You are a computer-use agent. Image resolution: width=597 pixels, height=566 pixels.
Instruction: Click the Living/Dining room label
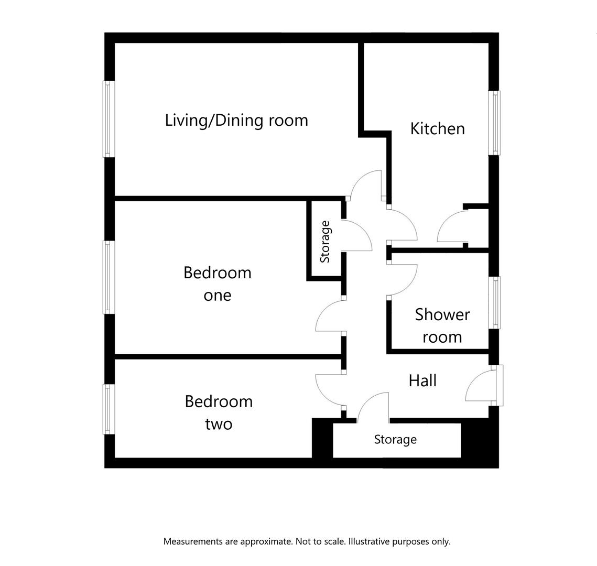point(236,120)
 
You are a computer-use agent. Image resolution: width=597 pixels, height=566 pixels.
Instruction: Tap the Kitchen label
point(437,128)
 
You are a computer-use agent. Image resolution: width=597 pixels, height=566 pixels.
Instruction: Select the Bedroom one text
point(217,284)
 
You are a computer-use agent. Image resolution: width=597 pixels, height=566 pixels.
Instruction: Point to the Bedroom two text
point(219,412)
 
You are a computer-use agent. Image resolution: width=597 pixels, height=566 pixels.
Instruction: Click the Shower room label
point(442,325)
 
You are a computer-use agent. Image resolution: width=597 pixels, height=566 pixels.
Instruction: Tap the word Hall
point(422,380)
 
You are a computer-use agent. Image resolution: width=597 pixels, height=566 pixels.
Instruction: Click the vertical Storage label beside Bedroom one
point(325,242)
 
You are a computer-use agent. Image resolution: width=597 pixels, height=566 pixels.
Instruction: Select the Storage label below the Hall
point(395,439)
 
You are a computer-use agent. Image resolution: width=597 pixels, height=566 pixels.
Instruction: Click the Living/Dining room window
point(108,119)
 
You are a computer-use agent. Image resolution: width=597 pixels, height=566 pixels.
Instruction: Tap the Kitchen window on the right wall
point(494,123)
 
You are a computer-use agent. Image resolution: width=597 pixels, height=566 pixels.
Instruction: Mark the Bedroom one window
point(108,277)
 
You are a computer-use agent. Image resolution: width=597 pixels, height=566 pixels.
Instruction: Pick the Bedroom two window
point(108,409)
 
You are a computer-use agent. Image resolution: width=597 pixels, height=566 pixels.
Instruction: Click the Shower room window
point(495,302)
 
